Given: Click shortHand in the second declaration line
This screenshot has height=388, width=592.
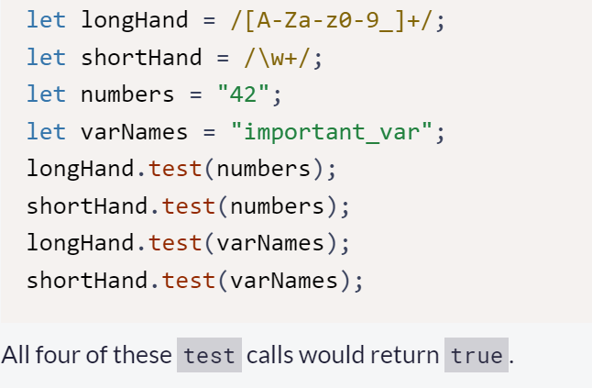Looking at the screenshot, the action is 141,57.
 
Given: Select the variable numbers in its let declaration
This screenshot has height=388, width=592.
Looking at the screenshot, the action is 128,94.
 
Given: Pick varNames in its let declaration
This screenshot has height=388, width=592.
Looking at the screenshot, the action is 135,131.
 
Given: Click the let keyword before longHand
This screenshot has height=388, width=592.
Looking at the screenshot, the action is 46,20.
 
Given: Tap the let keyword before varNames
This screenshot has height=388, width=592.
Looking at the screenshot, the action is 46,131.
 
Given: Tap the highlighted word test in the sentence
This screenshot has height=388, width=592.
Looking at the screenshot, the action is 209,355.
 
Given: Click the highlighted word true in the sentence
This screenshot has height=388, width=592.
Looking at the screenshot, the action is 477,355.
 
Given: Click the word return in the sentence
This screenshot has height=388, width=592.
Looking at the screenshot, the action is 410,355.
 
